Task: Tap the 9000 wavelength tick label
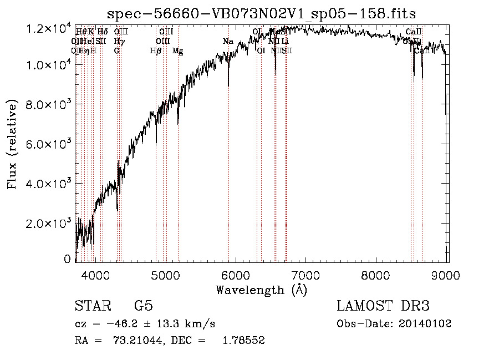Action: [447, 275]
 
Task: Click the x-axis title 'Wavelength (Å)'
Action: [261, 290]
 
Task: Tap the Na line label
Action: [228, 41]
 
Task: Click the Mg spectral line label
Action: [178, 50]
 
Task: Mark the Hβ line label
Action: [156, 50]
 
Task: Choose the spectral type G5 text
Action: [143, 306]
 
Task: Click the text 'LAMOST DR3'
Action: [383, 306]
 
